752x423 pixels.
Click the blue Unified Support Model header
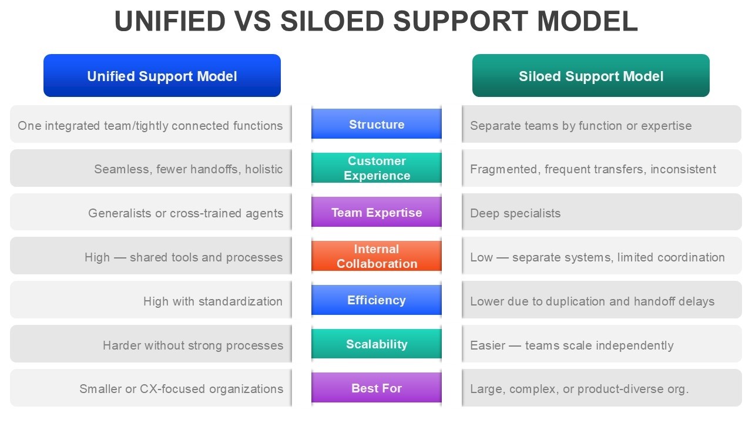pyautogui.click(x=162, y=76)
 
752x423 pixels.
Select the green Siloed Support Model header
pyautogui.click(x=590, y=76)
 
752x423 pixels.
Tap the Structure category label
pyautogui.click(x=377, y=124)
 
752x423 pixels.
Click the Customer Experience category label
pyautogui.click(x=377, y=168)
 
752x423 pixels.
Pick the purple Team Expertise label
pyautogui.click(x=377, y=212)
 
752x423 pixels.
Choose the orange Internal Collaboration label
pyautogui.click(x=377, y=256)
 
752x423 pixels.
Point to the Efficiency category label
pyautogui.click(x=377, y=300)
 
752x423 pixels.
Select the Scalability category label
pyautogui.click(x=377, y=344)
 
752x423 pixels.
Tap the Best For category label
pyautogui.click(x=377, y=388)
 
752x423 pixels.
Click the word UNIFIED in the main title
pyautogui.click(x=170, y=21)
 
